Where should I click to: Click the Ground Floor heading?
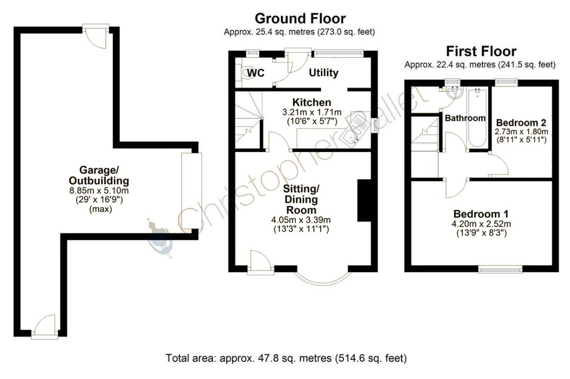[x=300, y=18]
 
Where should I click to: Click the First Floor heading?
[x=481, y=51]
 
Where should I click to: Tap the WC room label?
[x=256, y=73]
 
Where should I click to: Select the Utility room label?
[x=324, y=72]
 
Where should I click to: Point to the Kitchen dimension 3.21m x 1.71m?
[x=312, y=112]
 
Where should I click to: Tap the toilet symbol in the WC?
[x=245, y=72]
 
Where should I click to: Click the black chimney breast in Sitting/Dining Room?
[x=364, y=201]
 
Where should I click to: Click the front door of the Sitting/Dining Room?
[x=260, y=261]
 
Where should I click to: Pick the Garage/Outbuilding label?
[x=99, y=175]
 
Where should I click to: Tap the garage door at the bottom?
[x=45, y=327]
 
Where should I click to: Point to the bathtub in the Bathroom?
[x=477, y=118]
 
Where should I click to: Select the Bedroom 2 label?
[x=521, y=122]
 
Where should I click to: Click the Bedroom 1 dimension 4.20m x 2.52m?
[x=481, y=224]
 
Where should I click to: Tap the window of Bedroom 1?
[x=500, y=269]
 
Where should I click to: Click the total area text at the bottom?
[x=286, y=358]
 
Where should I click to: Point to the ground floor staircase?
[x=249, y=120]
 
